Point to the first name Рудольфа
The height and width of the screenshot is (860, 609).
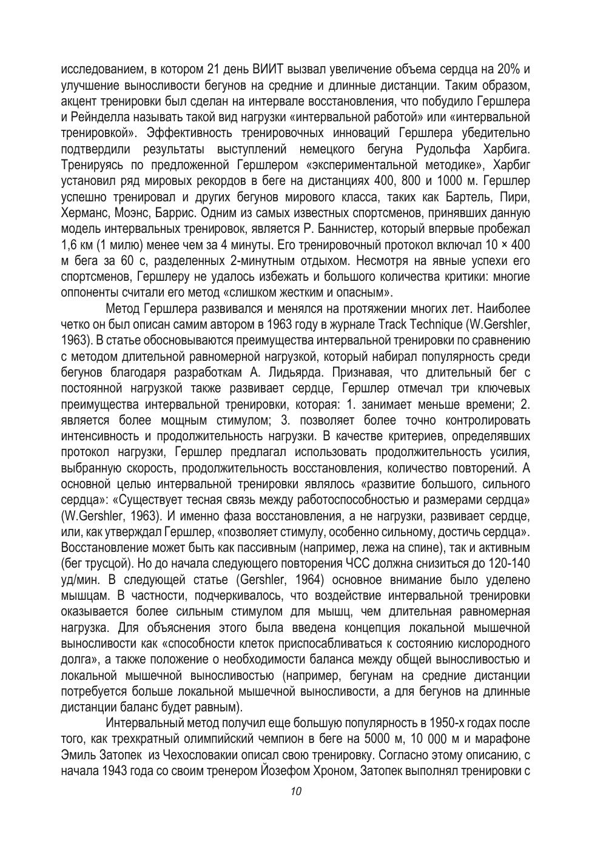445,149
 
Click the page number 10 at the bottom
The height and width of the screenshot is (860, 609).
297,791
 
